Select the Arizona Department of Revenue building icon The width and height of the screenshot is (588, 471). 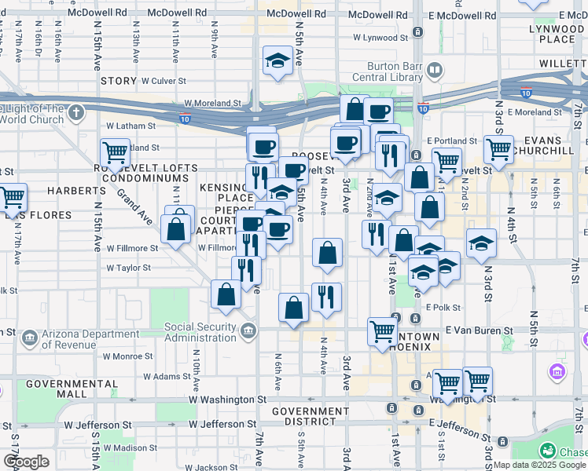click(28, 338)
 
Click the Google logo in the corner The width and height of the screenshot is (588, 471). click(26, 462)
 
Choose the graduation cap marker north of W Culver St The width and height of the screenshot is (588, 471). click(277, 61)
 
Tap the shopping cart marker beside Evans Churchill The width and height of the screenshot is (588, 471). click(498, 148)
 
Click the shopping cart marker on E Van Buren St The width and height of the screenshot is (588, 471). click(383, 331)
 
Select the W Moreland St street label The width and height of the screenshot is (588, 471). click(212, 103)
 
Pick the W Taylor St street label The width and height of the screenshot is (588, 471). click(128, 268)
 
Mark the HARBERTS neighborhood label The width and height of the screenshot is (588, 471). click(76, 191)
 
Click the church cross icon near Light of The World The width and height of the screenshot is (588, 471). click(76, 112)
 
